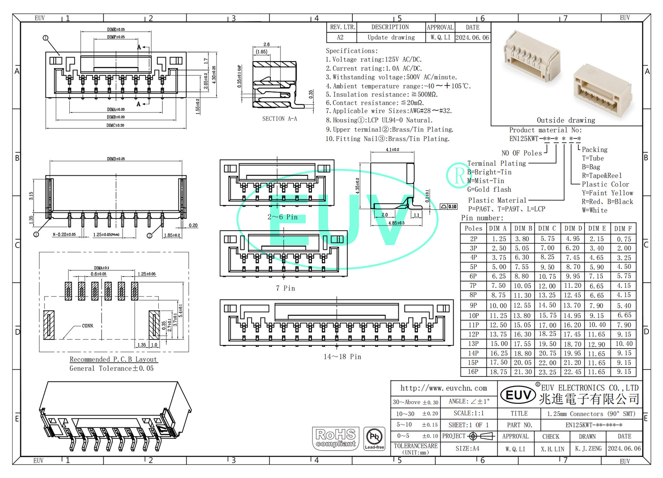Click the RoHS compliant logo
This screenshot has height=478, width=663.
335,438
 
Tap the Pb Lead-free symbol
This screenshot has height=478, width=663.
374,438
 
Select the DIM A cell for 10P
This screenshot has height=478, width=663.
498,315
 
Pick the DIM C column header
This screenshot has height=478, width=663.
547,228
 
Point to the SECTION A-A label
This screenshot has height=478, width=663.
280,119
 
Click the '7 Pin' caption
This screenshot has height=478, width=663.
285,288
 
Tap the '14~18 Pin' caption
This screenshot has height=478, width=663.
342,357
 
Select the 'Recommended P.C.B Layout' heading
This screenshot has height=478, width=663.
113,359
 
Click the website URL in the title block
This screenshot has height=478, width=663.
444,388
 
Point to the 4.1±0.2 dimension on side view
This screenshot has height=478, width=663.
392,150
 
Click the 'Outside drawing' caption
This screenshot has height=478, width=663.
566,120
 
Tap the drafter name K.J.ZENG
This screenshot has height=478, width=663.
588,448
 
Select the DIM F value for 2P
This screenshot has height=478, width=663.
624,239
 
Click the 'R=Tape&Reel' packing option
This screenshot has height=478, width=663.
602,175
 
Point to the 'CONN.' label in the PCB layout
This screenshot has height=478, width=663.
88,326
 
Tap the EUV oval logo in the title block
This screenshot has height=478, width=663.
518,395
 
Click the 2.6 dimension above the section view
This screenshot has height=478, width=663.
267,44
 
